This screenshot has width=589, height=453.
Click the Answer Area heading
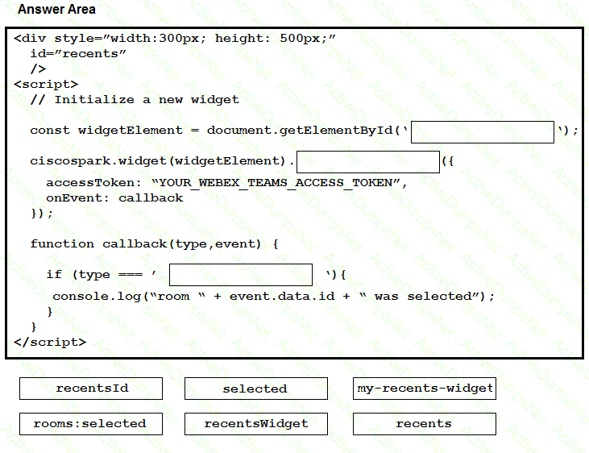[56, 9]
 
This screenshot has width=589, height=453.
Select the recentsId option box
[91, 389]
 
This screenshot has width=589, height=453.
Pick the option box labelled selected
[256, 389]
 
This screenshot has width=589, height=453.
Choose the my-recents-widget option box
[425, 389]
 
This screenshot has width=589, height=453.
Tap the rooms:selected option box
[91, 424]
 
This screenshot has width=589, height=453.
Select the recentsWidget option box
[256, 424]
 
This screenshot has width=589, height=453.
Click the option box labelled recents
[425, 424]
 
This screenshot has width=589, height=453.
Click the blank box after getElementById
[483, 132]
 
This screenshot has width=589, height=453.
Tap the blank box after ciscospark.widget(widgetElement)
[368, 162]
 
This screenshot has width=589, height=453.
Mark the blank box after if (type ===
[241, 275]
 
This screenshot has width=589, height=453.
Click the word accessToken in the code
[90, 183]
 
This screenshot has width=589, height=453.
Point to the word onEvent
[74, 198]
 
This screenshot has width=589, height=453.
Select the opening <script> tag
[46, 84]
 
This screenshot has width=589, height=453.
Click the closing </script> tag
[50, 342]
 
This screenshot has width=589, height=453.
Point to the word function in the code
[62, 244]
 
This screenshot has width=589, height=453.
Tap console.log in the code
[97, 297]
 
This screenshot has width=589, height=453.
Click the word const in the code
[50, 131]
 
